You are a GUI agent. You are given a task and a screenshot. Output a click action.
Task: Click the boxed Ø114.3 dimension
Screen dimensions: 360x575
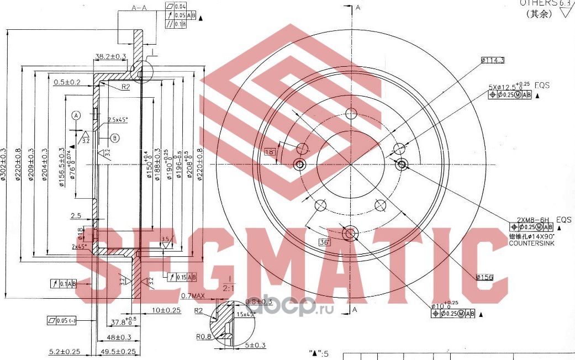493,60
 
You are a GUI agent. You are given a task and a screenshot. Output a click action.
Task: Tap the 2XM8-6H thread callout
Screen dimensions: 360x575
530,219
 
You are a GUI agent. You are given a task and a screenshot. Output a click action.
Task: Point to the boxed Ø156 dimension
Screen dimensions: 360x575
483,277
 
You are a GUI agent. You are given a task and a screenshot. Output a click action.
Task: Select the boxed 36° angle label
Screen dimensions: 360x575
324,242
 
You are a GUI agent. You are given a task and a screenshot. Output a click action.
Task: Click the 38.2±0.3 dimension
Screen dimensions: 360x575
110,56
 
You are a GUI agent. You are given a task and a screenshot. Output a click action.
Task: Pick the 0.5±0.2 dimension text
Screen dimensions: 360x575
67,82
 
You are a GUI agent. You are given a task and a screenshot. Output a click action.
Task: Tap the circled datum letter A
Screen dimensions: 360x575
76,115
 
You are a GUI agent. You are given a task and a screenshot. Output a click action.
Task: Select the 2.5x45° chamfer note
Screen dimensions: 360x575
118,119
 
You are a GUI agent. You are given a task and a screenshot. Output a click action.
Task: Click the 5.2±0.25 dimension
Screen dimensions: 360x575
64,352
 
